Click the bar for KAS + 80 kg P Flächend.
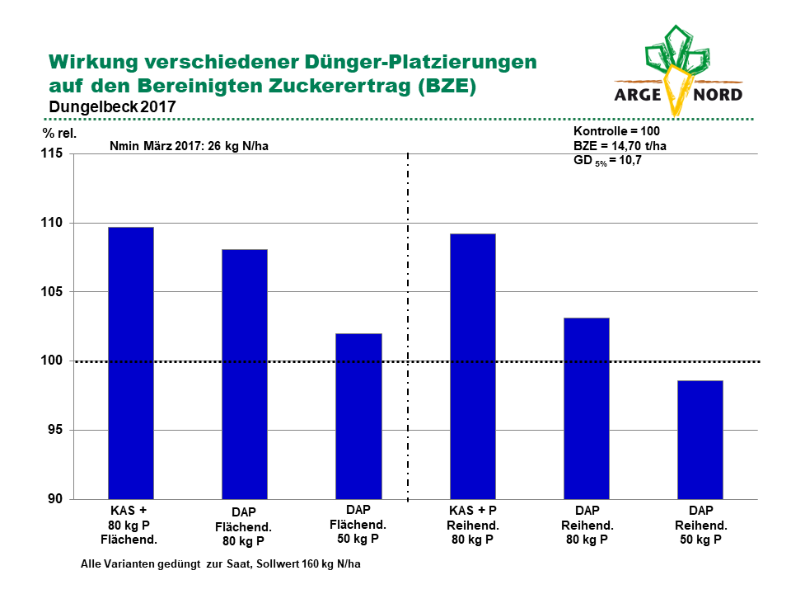pos(131,363)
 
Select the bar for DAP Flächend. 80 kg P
pos(245,375)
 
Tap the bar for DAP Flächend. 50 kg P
pos(358,417)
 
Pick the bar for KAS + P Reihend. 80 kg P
pos(473,366)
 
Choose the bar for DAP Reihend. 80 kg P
pos(587,408)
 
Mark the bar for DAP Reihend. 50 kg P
pos(700,440)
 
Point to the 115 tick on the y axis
pos(52,153)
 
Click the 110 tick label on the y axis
pos(52,222)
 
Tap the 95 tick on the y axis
pos(55,430)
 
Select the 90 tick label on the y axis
pos(55,499)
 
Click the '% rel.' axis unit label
pos(59,134)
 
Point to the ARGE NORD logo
pos(678,71)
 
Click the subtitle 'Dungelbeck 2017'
pos(113,107)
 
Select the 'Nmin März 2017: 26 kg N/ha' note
pos(190,147)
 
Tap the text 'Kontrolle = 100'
pos(616,131)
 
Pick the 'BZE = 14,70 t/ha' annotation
pos(620,146)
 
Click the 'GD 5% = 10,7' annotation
pos(607,161)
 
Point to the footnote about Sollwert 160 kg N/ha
pos(221,564)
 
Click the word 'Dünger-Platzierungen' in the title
pos(421,62)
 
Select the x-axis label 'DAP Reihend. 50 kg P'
pos(700,526)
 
